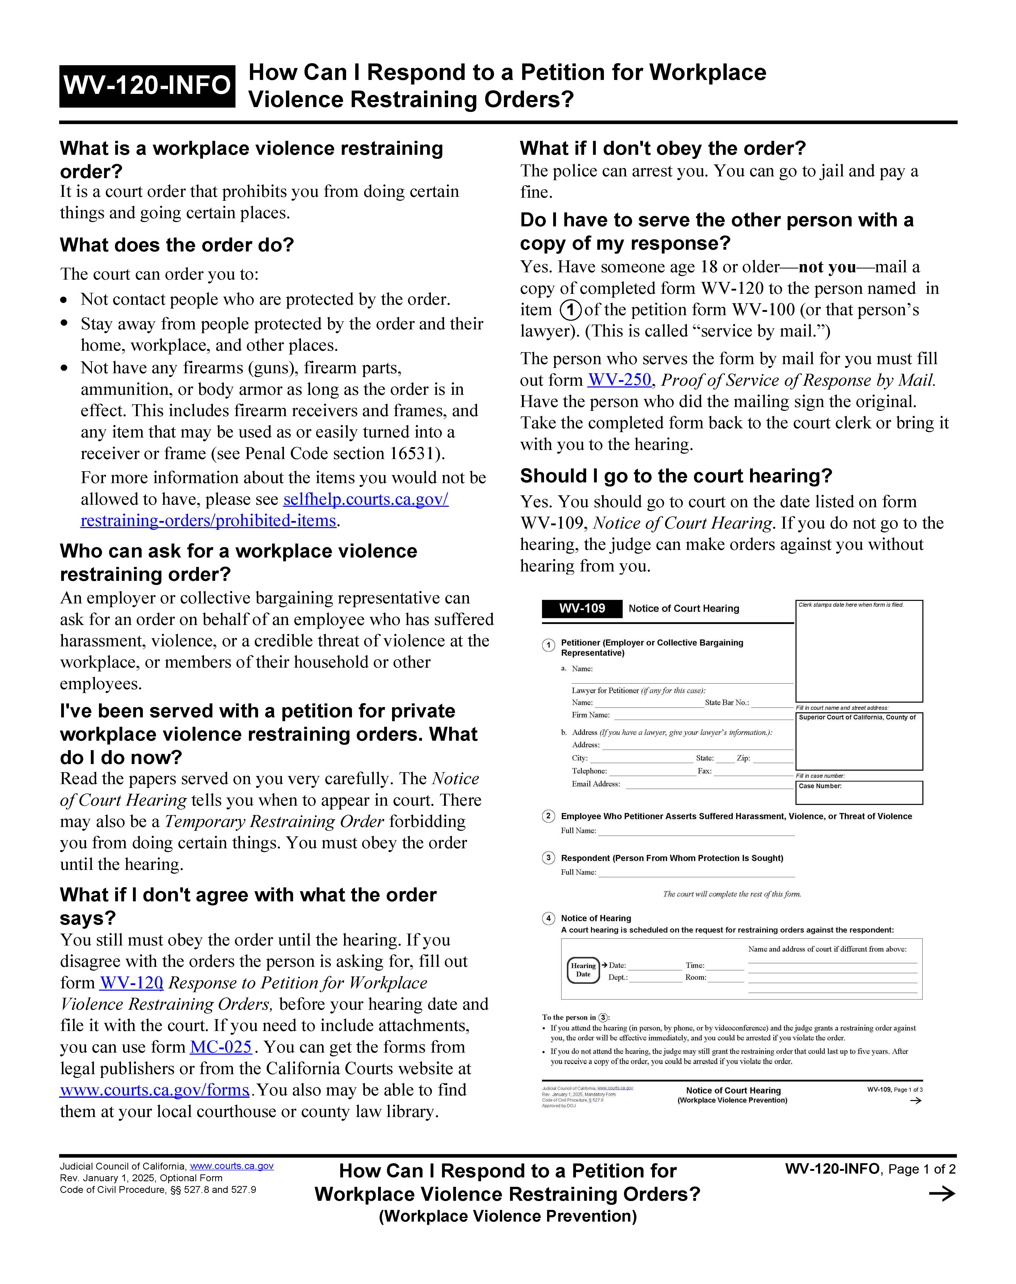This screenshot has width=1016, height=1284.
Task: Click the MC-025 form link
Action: tap(221, 1047)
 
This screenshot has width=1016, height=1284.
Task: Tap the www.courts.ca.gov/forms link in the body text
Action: tap(155, 1090)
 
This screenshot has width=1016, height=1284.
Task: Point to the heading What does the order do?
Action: tap(177, 245)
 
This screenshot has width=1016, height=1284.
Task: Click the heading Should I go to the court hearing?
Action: tap(676, 476)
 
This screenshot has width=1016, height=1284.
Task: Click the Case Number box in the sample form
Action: tap(859, 792)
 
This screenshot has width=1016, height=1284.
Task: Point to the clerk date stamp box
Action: tap(859, 651)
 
